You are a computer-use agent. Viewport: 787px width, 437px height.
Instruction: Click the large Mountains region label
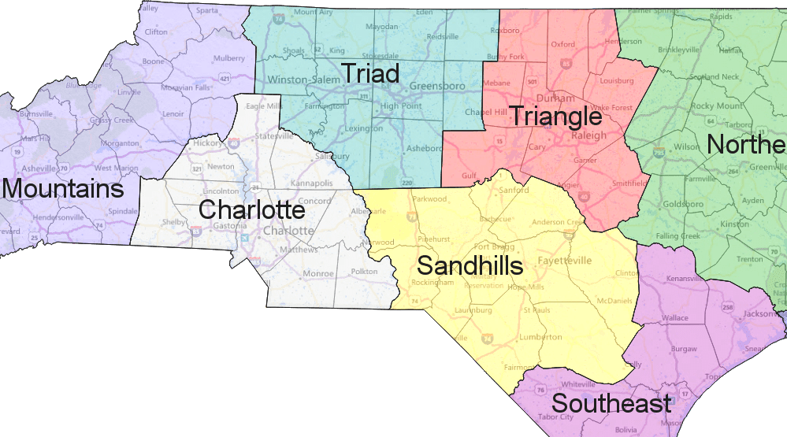pos(63,190)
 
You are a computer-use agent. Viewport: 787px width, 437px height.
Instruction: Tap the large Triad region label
pos(369,73)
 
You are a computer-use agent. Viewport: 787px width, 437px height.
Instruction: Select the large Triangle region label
pos(555,117)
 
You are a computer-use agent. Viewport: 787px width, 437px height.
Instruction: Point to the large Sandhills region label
pos(470,265)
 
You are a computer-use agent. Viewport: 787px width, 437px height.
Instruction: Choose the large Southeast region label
pos(611,404)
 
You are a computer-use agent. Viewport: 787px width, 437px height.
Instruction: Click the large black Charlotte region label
pos(251,210)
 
